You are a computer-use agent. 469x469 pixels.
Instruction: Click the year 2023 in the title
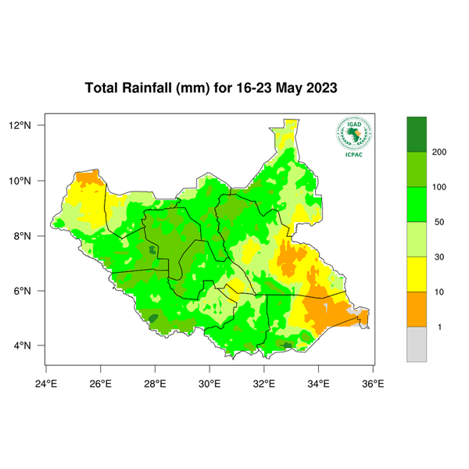319,88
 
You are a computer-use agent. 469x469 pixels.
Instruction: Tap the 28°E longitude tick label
155,383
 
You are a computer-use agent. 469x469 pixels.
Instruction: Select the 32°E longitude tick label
263,383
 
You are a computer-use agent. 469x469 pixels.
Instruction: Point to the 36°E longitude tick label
372,383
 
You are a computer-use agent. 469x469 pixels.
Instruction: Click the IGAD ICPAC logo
353,137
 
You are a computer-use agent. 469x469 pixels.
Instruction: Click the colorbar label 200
439,152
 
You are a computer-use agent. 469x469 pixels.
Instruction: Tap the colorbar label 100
439,187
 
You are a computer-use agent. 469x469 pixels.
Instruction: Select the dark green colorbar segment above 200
417,134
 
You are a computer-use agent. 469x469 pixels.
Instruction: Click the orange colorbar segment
417,310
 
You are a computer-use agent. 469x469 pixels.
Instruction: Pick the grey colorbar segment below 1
417,345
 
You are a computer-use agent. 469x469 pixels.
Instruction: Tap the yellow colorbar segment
417,274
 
